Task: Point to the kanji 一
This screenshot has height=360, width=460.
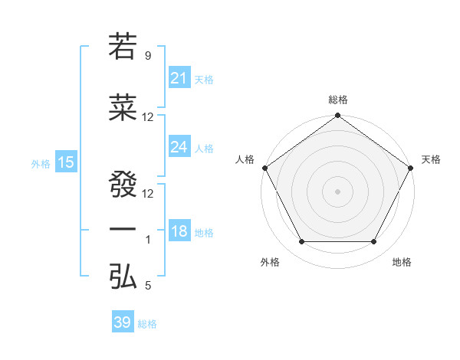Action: (x=123, y=229)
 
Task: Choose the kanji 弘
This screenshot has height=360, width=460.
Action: (x=123, y=278)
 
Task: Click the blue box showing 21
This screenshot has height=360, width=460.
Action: (x=179, y=77)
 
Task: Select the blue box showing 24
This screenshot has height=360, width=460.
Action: (x=179, y=146)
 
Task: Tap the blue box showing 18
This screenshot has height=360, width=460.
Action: (x=179, y=231)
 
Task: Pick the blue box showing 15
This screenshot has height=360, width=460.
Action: (x=65, y=162)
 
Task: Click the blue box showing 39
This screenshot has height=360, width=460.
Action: (x=123, y=322)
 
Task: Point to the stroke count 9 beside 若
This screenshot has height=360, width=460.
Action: (x=147, y=55)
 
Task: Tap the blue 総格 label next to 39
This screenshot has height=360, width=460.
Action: (x=147, y=324)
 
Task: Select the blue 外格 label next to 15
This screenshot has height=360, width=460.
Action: (x=41, y=163)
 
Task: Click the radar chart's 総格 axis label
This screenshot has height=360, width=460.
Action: (x=338, y=100)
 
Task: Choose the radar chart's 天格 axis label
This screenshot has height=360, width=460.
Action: (x=431, y=159)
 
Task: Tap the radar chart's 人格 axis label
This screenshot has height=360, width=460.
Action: (x=245, y=159)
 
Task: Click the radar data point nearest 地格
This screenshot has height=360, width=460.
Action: (x=374, y=242)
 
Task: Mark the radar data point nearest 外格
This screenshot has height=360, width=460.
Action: (x=301, y=242)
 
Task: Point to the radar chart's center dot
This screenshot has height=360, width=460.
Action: (x=338, y=191)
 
